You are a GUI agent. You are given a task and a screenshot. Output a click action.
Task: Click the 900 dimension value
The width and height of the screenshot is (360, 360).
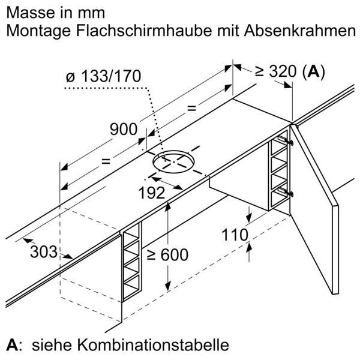click(124, 129)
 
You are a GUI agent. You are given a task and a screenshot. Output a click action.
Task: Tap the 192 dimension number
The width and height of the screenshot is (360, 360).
click(152, 193)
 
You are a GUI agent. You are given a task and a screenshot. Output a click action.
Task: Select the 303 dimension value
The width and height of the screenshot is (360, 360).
click(44, 251)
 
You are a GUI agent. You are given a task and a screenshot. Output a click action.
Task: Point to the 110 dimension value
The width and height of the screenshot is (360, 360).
click(235, 235)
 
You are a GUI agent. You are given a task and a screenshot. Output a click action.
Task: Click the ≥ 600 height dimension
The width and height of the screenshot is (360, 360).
click(167, 254)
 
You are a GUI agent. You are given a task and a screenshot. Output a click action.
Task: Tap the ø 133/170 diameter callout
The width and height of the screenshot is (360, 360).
click(103, 76)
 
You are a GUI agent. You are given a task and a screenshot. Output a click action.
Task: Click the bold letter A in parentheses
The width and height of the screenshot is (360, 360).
click(314, 71)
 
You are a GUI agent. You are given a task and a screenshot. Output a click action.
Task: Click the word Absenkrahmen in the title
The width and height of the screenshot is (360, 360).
click(300, 31)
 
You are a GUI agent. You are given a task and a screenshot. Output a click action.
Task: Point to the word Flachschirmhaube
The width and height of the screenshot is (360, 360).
click(144, 31)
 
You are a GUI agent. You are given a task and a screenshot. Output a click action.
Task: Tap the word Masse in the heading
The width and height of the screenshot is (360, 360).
click(29, 13)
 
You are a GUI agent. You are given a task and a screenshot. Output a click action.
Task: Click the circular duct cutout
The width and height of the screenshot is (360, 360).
click(173, 161)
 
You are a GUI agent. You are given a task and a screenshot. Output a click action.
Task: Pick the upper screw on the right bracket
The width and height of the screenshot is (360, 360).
click(291, 143)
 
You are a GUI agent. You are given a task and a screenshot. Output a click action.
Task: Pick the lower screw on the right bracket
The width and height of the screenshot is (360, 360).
click(291, 194)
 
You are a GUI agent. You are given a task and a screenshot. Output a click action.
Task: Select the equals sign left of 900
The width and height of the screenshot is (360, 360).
click(106, 161)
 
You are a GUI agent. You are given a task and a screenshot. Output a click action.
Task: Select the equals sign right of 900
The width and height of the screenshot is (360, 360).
click(192, 108)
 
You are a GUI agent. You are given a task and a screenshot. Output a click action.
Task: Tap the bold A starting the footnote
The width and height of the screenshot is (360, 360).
click(12, 345)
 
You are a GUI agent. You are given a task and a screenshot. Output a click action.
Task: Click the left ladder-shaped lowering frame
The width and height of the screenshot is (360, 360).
click(131, 262)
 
